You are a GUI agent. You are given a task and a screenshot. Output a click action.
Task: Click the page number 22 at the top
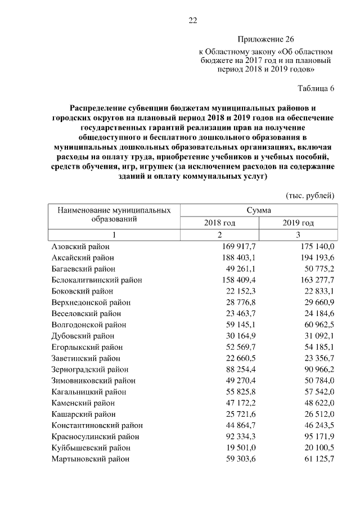(x=192, y=21)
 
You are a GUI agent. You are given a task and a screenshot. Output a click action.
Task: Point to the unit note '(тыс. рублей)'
(x=310, y=196)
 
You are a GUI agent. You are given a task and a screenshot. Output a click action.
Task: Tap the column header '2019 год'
(x=298, y=223)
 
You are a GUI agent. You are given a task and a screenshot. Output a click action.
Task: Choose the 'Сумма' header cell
(x=259, y=210)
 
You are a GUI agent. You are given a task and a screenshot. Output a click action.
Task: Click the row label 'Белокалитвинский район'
(x=96, y=280)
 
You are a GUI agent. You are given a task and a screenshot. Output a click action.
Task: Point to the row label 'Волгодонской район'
(x=89, y=325)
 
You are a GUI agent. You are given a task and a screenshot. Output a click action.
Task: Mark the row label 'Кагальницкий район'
(x=89, y=391)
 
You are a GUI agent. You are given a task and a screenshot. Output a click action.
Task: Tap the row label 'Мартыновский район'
(x=90, y=459)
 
